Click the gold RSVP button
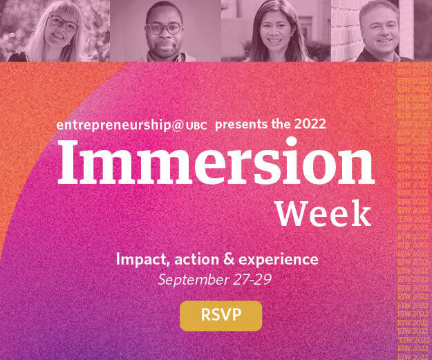click(x=220, y=316)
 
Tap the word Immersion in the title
click(x=216, y=162)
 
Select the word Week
click(x=323, y=214)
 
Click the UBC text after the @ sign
click(x=196, y=126)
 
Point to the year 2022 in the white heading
click(x=310, y=124)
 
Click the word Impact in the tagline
click(x=142, y=260)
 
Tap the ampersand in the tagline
click(x=227, y=260)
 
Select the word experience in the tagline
click(x=279, y=260)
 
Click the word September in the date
click(x=194, y=280)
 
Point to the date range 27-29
click(x=252, y=279)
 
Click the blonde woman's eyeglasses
click(x=63, y=23)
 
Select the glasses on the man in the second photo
click(x=164, y=28)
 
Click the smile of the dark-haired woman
click(x=274, y=41)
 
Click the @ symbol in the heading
click(x=178, y=126)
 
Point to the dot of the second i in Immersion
click(x=291, y=142)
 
